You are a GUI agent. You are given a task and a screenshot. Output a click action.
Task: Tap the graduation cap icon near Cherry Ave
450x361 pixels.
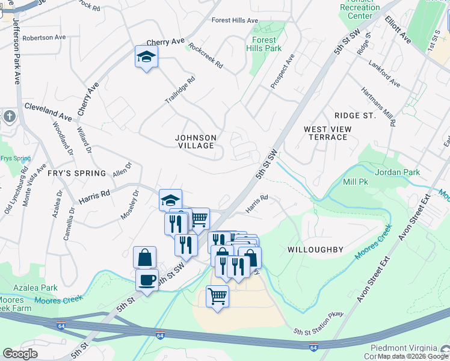[x=146, y=57]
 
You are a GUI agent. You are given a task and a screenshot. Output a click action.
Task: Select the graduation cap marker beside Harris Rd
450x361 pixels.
[x=171, y=200]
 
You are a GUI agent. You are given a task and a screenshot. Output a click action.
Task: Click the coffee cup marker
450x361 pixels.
[x=147, y=280]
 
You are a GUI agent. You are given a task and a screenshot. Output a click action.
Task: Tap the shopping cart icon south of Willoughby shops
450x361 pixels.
[x=217, y=295]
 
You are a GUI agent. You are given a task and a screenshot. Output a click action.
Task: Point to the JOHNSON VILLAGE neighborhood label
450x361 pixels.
[x=196, y=142]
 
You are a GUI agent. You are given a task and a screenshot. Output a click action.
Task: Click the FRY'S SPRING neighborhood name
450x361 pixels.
[x=77, y=173]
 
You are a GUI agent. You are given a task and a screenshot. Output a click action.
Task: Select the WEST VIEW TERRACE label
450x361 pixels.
[x=325, y=133]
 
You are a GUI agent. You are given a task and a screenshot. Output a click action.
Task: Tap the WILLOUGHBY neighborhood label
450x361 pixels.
[x=315, y=249]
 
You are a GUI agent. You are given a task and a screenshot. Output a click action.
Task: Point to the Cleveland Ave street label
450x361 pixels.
[x=48, y=111]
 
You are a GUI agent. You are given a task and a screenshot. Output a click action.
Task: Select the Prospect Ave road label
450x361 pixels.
[x=282, y=72]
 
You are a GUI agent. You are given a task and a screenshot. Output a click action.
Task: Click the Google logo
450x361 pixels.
[x=20, y=354]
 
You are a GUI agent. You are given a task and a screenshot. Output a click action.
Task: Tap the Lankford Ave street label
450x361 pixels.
[x=385, y=73]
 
